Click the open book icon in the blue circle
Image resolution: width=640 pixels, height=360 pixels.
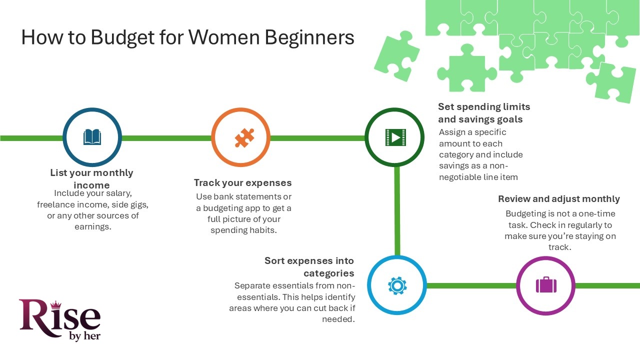point(92,137)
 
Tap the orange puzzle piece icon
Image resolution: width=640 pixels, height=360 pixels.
point(244,137)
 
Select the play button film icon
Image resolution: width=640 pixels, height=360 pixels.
point(395,137)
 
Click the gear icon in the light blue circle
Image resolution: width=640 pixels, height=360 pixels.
point(397,285)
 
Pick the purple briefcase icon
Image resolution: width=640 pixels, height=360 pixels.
point(546,285)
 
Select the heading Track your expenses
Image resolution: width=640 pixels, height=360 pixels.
point(242,182)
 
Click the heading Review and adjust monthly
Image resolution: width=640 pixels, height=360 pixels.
point(558,198)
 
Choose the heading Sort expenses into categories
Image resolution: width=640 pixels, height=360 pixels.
point(309,266)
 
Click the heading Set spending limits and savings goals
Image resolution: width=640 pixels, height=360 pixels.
point(483,113)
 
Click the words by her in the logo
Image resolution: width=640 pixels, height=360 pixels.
point(84,336)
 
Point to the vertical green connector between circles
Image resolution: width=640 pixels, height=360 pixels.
point(397,210)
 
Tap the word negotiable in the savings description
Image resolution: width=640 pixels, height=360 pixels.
point(461,177)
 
